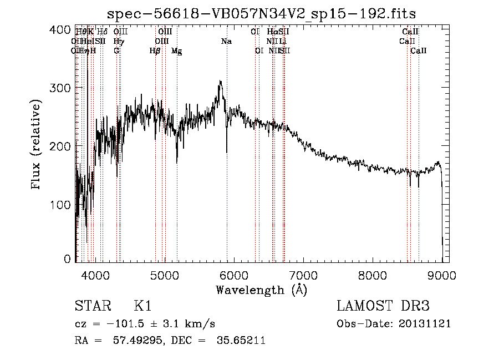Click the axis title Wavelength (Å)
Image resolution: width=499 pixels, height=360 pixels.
261,290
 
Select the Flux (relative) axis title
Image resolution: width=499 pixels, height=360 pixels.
37,145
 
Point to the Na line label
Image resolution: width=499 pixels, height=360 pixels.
226,41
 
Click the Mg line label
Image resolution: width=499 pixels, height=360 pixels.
176,50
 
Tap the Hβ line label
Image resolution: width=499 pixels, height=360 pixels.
155,50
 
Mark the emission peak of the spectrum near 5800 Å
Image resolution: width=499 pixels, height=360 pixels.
220,82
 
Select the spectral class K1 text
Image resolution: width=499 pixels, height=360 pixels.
142,306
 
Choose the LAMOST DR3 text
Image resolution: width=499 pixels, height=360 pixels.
383,306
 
